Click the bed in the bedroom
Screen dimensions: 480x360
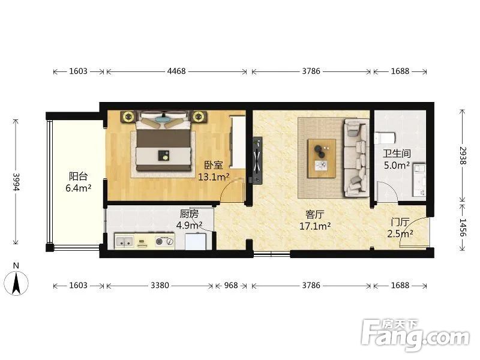(163, 142)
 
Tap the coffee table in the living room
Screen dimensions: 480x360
(322, 158)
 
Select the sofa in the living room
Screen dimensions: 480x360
(356, 158)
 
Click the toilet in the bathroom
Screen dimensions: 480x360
(384, 138)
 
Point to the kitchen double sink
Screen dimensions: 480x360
(124, 242)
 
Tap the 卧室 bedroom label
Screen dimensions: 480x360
(214, 166)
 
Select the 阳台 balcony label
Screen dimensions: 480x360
(79, 176)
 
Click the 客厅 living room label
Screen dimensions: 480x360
(314, 215)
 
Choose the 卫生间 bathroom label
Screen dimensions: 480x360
(397, 154)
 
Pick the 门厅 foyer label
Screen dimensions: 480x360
(400, 222)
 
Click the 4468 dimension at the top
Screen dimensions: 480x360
(176, 71)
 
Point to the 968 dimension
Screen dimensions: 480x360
(231, 286)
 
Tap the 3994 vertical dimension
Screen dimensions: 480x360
(16, 182)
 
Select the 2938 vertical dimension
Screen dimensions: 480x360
(463, 155)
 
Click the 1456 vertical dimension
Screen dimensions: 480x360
(463, 227)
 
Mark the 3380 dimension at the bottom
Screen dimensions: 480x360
(160, 286)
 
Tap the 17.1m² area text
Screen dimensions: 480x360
(314, 227)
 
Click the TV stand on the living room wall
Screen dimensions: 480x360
(257, 160)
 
